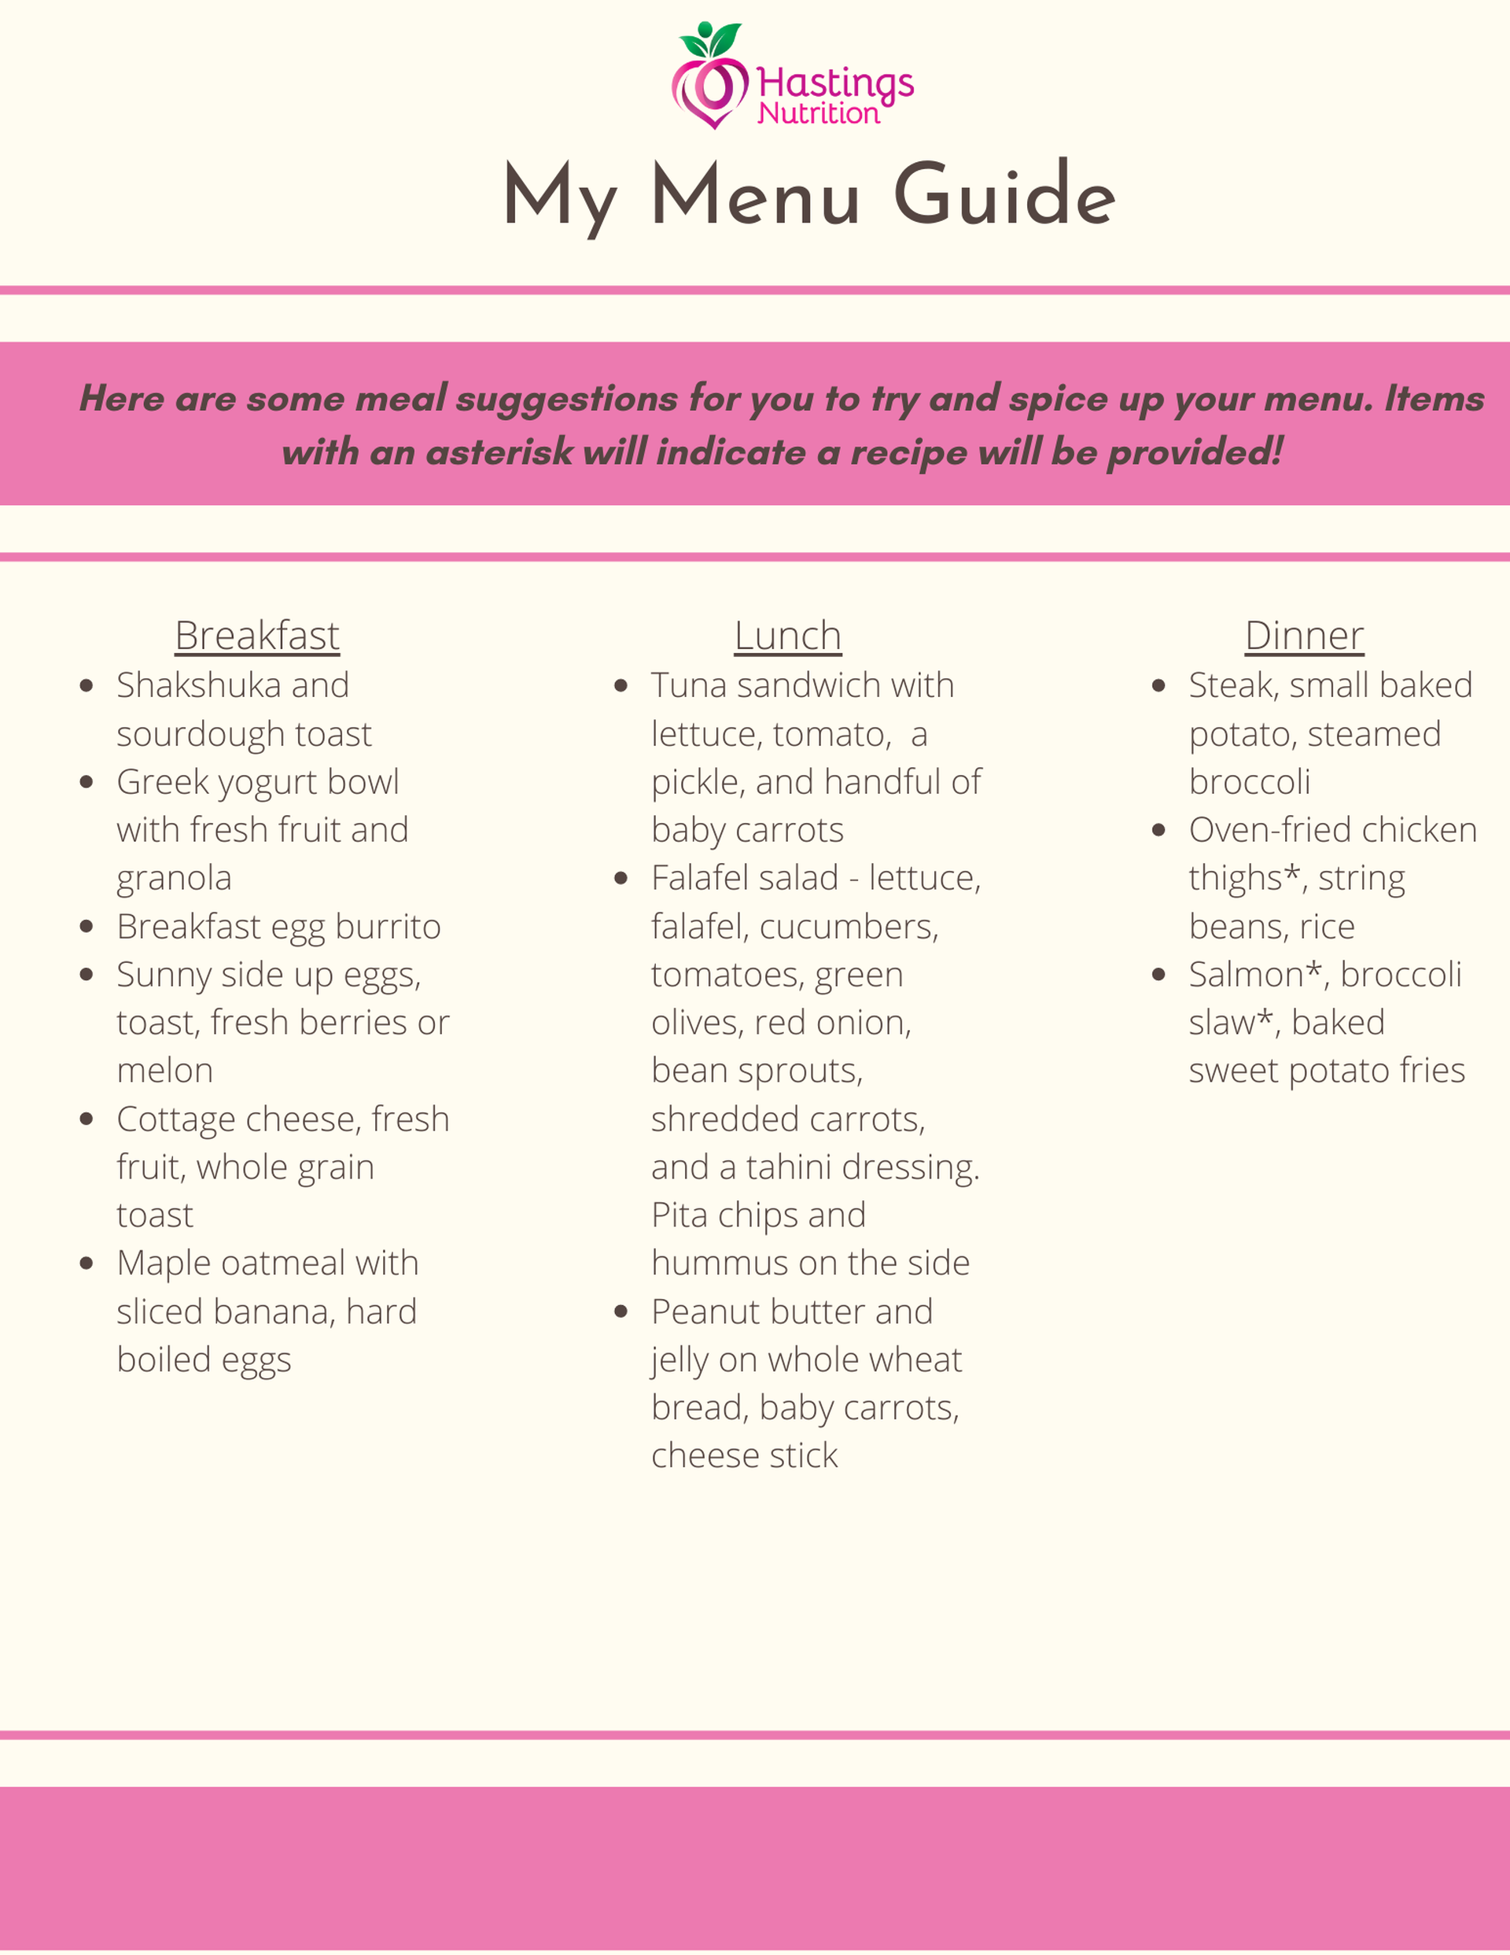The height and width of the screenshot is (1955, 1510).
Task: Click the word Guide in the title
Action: [1004, 195]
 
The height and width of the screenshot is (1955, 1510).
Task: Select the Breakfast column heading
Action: [257, 636]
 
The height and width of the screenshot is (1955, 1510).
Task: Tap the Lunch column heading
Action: [788, 636]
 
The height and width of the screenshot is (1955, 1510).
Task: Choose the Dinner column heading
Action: [1304, 636]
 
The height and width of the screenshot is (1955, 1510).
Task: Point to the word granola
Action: [174, 878]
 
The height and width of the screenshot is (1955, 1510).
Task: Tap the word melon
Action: [164, 1071]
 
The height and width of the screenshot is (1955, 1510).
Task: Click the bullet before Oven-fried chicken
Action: [1158, 831]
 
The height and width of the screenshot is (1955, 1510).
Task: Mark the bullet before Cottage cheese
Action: [87, 1119]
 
